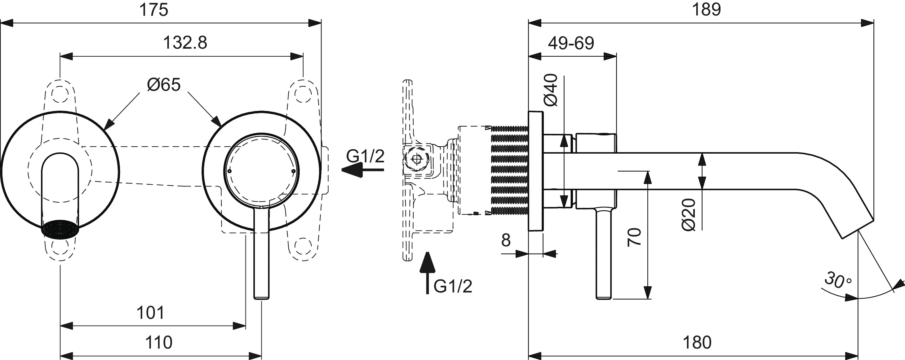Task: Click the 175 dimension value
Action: [x=153, y=10]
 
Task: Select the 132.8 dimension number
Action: [x=185, y=43]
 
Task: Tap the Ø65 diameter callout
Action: [x=164, y=85]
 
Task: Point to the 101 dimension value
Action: [x=150, y=313]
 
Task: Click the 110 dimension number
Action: [x=158, y=342]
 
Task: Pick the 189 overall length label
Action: [x=706, y=10]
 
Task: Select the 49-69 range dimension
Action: [x=571, y=43]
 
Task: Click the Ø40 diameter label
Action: [x=551, y=90]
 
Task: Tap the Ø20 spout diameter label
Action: [x=689, y=215]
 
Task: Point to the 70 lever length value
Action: [x=634, y=237]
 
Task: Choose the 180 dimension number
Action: [x=697, y=342]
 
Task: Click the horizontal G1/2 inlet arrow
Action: [x=362, y=170]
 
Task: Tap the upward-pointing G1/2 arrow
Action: [x=427, y=272]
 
